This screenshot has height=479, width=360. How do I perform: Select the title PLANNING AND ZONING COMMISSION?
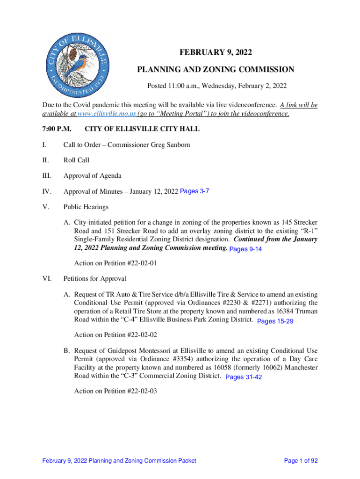216,70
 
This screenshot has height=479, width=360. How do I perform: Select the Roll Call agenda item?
76,160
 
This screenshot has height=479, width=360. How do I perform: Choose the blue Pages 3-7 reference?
194,191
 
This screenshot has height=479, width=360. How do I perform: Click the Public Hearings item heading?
86,206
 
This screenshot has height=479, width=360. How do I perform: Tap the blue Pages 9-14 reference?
245,249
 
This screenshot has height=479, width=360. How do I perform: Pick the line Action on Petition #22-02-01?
115,263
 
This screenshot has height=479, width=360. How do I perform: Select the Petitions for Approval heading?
95,278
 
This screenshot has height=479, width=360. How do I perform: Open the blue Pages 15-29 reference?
275,321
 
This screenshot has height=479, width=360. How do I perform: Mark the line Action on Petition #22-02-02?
115,335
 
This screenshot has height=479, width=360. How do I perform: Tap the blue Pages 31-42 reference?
243,377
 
